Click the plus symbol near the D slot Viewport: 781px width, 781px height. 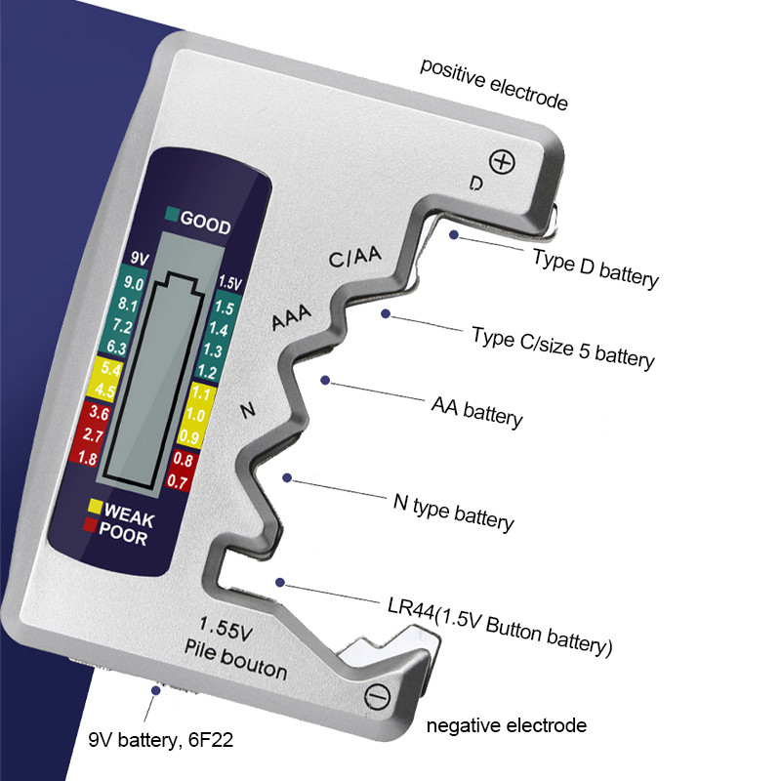coord(502,162)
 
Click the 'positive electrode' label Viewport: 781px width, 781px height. coord(494,83)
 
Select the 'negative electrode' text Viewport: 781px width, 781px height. coord(507,725)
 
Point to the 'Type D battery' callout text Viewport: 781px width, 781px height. coord(596,268)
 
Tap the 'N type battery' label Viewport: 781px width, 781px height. coord(453,513)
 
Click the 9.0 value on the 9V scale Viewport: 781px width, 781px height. coord(135,284)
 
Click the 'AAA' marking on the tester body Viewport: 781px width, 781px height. coord(291,319)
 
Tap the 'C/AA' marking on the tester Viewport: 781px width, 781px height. coord(354,258)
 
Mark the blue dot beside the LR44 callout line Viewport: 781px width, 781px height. coord(281,582)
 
